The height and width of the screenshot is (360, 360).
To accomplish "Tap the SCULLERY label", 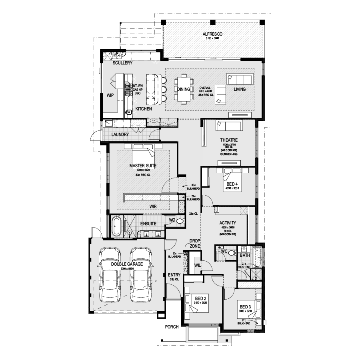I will pyautogui.click(x=122, y=63).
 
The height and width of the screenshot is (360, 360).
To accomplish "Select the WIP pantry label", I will pyautogui.click(x=110, y=96).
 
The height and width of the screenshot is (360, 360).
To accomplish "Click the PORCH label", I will pyautogui.click(x=172, y=327).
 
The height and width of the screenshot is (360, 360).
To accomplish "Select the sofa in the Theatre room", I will pyautogui.click(x=228, y=126).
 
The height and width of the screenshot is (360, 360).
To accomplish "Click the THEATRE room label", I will pyautogui.click(x=229, y=140).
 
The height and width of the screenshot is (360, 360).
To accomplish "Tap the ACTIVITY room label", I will pyautogui.click(x=228, y=223).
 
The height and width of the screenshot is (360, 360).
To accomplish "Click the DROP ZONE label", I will pyautogui.click(x=194, y=244).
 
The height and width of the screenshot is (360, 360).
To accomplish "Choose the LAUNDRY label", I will pyautogui.click(x=120, y=135).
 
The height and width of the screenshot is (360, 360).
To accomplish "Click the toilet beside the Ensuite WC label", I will pyautogui.click(x=179, y=221).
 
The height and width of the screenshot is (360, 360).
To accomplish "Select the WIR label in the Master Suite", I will pyautogui.click(x=152, y=206).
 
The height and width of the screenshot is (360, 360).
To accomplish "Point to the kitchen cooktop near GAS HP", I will pyautogui.click(x=129, y=90).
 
